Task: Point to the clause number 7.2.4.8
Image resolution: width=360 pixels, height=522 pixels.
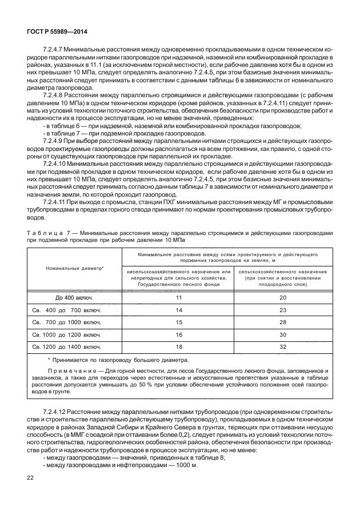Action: (54, 94)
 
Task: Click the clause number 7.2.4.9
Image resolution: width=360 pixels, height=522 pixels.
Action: (54, 140)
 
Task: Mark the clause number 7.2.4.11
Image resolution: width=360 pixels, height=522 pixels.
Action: (56, 202)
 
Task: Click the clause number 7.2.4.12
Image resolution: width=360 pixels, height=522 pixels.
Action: (56, 412)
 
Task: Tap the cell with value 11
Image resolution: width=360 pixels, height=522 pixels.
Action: (178, 298)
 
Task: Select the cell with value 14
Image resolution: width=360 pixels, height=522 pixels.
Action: (178, 310)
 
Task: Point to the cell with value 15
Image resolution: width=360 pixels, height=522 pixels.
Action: (178, 322)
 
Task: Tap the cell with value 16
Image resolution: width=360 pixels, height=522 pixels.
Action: (178, 335)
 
